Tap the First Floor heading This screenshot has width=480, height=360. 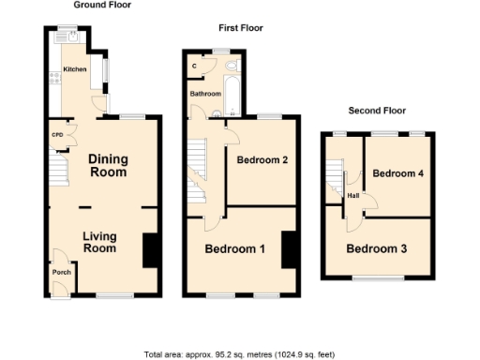[x=239, y=28]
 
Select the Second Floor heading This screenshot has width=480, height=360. [x=377, y=111]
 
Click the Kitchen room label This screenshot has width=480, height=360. [x=75, y=69]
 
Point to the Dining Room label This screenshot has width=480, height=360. [x=108, y=166]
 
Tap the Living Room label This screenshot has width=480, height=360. [x=99, y=242]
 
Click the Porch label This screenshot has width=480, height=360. [x=62, y=273]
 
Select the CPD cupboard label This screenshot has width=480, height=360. [x=57, y=134]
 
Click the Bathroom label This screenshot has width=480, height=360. [x=206, y=94]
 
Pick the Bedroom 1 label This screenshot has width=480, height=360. [x=235, y=249]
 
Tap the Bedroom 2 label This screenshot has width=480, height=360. [x=262, y=160]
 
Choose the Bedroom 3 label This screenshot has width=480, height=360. [x=376, y=249]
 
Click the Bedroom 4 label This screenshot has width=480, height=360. [x=398, y=174]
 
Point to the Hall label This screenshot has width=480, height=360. [x=353, y=195]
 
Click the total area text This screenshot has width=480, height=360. [x=239, y=354]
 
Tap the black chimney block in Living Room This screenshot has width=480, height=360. [x=149, y=250]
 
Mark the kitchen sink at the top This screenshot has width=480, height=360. [x=68, y=38]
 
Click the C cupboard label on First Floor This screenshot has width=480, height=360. [x=195, y=66]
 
